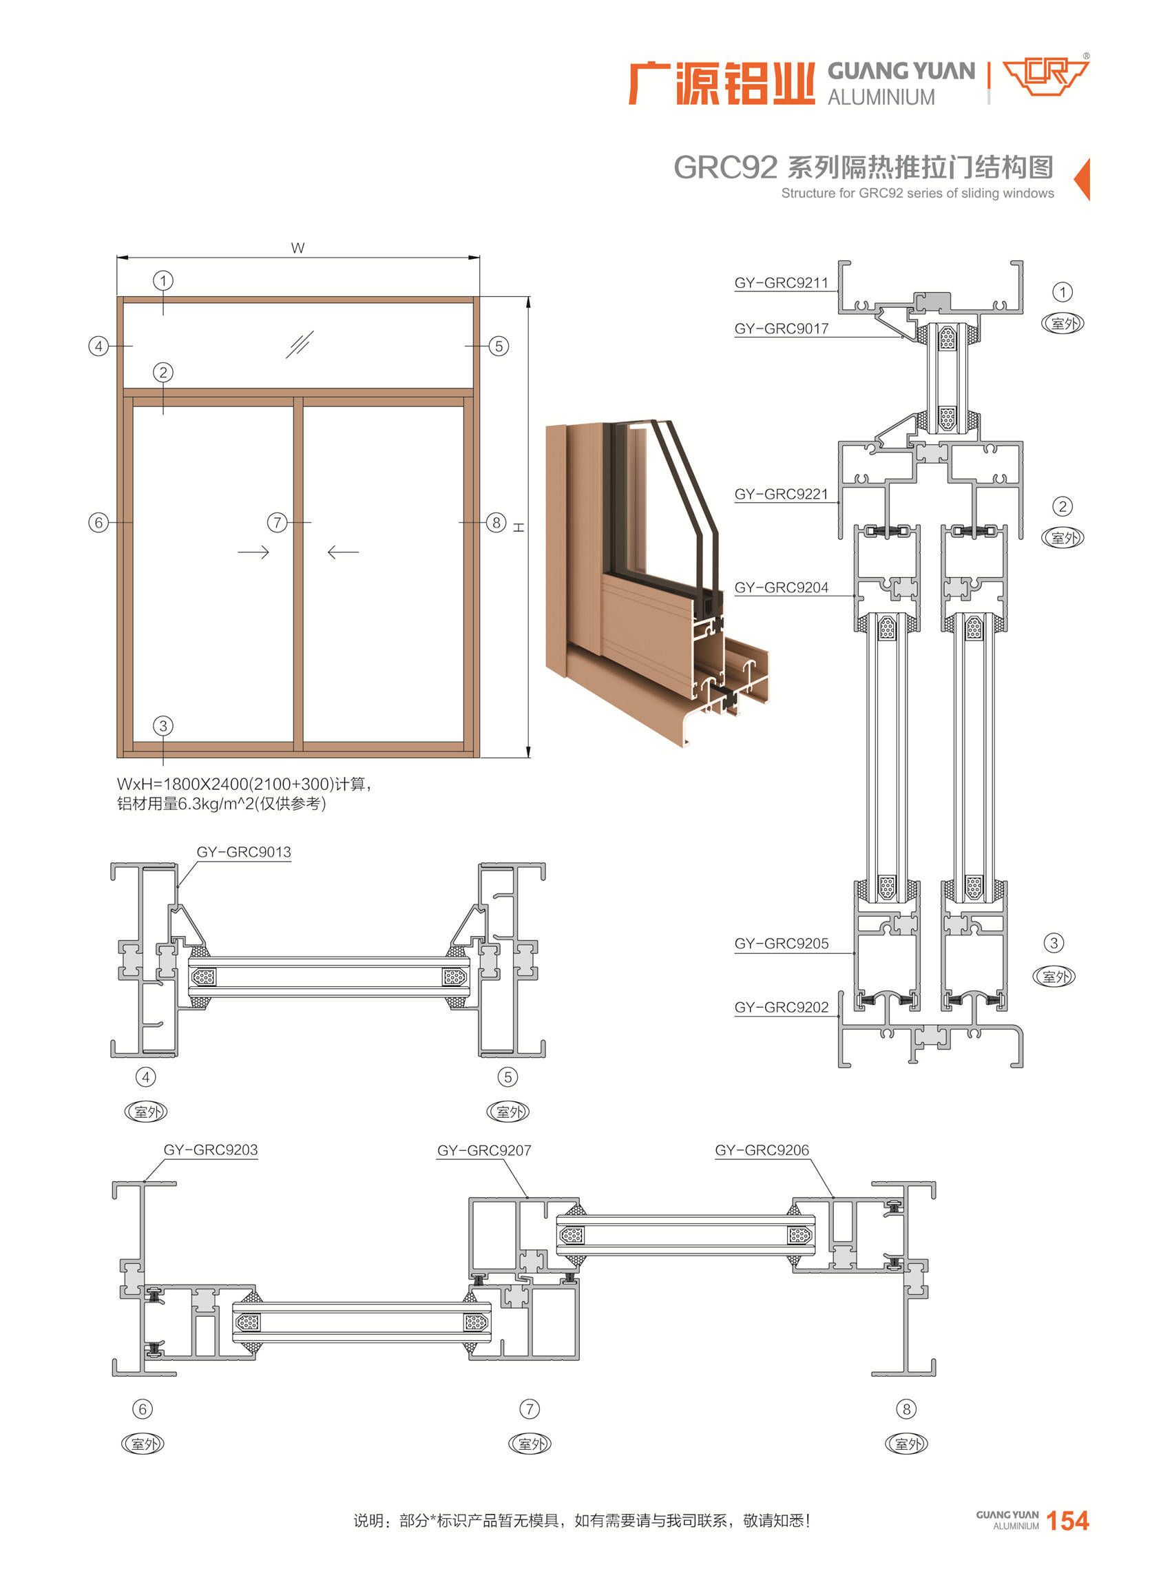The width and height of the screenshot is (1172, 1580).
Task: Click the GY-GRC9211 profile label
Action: point(780,283)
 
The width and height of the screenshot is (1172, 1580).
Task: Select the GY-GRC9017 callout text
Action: point(780,329)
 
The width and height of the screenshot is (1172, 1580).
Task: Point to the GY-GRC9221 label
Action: point(780,494)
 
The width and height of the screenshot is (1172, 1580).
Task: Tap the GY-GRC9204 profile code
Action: point(780,588)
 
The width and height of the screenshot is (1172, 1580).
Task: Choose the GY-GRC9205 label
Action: point(780,944)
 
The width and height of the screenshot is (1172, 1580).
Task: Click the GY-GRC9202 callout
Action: point(780,1008)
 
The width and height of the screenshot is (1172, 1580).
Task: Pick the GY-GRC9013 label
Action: point(243,852)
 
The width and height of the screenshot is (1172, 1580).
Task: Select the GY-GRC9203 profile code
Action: point(210,1150)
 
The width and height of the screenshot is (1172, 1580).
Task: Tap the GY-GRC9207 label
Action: point(484,1151)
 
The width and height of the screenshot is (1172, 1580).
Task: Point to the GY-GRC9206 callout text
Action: point(761,1150)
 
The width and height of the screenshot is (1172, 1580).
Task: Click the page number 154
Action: point(1067,1520)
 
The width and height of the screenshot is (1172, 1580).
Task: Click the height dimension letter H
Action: point(519,527)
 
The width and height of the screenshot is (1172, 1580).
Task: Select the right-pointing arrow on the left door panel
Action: point(253,552)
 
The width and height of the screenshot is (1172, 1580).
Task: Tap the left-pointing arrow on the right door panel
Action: point(344,552)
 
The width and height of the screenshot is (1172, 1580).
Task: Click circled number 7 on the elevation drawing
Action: point(277,523)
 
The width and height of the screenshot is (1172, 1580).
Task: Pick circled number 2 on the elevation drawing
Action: point(163,373)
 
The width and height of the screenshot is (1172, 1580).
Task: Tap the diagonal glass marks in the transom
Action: point(300,345)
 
